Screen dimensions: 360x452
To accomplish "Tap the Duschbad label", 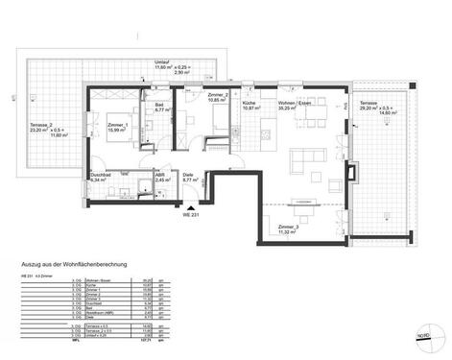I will pos(99,176).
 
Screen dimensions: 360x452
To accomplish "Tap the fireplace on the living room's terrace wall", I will pos(355,174).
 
